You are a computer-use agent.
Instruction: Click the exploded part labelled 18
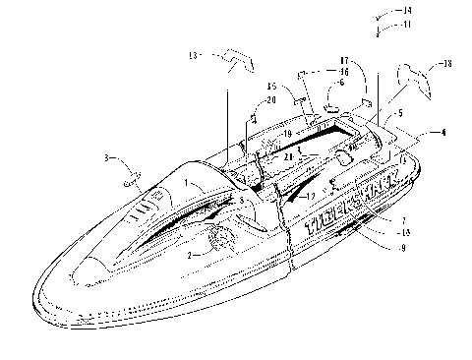click(414, 77)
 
